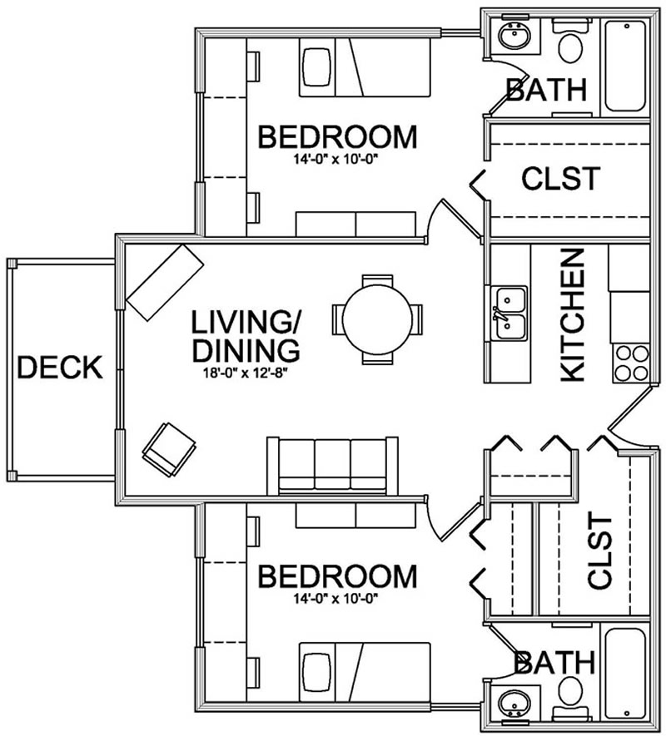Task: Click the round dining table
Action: tap(377, 319)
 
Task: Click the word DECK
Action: tap(60, 367)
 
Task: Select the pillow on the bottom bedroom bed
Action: tap(316, 670)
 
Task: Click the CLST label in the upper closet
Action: tap(560, 178)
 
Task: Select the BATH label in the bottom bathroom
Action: tap(554, 663)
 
